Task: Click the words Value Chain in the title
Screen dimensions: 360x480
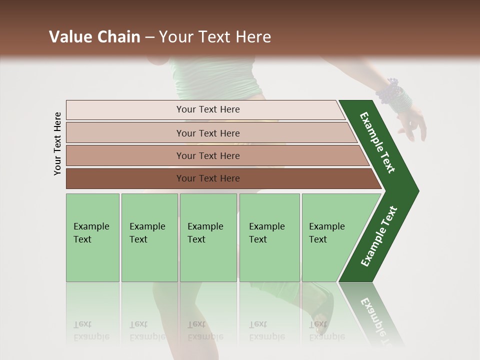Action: (x=94, y=37)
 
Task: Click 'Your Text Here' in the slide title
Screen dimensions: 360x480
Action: (x=215, y=37)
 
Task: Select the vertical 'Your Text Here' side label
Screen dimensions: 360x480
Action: (x=57, y=143)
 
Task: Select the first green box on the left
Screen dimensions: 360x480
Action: (x=92, y=237)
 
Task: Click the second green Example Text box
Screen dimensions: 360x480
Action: (x=149, y=237)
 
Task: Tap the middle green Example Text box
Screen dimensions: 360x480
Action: (x=208, y=237)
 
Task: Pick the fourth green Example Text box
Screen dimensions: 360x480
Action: (x=269, y=237)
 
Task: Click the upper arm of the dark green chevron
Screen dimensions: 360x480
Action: (x=377, y=142)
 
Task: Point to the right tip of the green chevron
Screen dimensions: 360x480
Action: (x=416, y=191)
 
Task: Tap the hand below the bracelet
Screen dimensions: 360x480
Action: (x=412, y=125)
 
